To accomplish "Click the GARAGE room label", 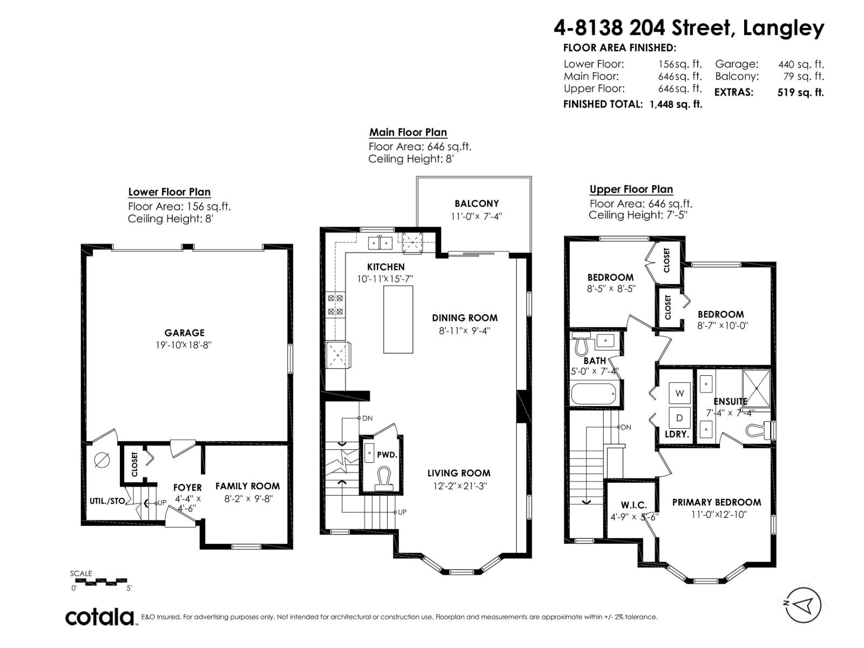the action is (x=184, y=333).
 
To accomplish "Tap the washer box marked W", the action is (x=680, y=393).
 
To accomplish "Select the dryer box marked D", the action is (x=680, y=418).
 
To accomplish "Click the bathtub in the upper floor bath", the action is (x=593, y=394).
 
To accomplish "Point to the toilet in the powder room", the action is (x=384, y=479).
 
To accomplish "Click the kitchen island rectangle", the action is (x=399, y=320).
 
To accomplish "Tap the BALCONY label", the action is (x=477, y=204).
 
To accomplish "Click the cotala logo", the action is (x=99, y=617).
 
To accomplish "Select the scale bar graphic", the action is (x=100, y=581).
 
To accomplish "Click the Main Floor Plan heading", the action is (x=408, y=132).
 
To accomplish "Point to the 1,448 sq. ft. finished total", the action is (x=676, y=104).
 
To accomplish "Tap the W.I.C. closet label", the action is (x=634, y=505).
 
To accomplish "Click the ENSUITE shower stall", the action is (x=756, y=388).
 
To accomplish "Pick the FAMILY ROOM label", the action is (x=247, y=487).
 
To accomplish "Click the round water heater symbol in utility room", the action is (x=102, y=460).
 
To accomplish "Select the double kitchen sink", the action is (x=380, y=244).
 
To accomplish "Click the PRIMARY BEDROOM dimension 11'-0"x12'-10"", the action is (x=719, y=515).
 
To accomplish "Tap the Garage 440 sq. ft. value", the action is (x=801, y=64).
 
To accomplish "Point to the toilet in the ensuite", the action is (x=759, y=430).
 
